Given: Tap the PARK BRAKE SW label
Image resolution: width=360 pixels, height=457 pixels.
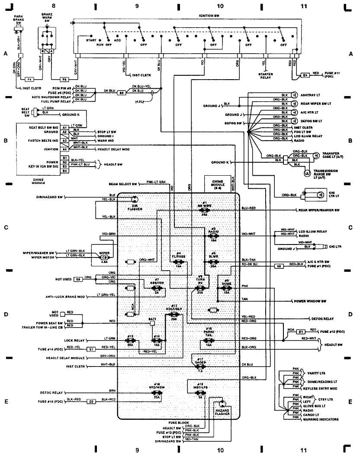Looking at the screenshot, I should point(19,19).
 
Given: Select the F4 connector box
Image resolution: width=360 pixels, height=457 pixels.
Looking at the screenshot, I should point(30,80).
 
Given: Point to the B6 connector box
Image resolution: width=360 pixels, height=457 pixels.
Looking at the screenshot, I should point(122,93).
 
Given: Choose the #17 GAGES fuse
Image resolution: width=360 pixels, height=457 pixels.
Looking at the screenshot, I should point(200,363).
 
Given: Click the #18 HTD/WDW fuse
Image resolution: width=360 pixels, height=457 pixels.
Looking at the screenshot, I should point(157,390).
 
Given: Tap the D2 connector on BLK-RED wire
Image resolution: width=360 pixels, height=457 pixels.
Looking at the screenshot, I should point(92,401).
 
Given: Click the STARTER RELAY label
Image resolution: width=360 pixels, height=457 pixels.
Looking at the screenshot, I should point(266,76).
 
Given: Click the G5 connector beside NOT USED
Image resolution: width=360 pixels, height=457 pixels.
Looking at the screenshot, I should point(78,279).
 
